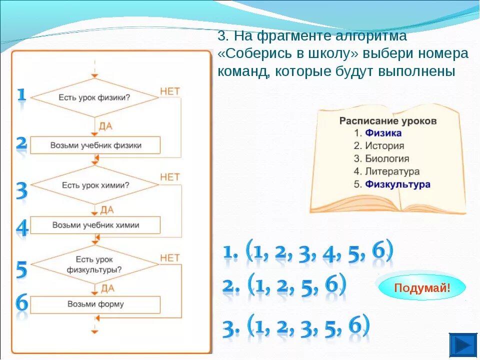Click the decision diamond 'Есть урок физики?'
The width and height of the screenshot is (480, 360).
click(95, 97)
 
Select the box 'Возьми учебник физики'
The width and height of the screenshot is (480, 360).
click(95, 145)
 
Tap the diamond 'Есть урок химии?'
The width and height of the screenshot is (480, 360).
click(95, 185)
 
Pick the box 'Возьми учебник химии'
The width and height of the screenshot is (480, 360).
click(95, 225)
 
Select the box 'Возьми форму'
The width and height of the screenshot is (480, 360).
click(95, 304)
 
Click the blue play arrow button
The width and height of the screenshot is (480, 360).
click(463, 345)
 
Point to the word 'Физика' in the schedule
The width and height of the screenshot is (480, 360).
click(383, 133)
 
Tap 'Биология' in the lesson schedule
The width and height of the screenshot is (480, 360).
click(386, 159)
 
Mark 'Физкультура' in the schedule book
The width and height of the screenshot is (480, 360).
click(397, 184)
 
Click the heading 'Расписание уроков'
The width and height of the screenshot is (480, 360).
click(388, 121)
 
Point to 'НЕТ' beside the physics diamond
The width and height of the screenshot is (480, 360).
click(169, 91)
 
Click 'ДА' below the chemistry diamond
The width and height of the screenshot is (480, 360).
click(106, 209)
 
